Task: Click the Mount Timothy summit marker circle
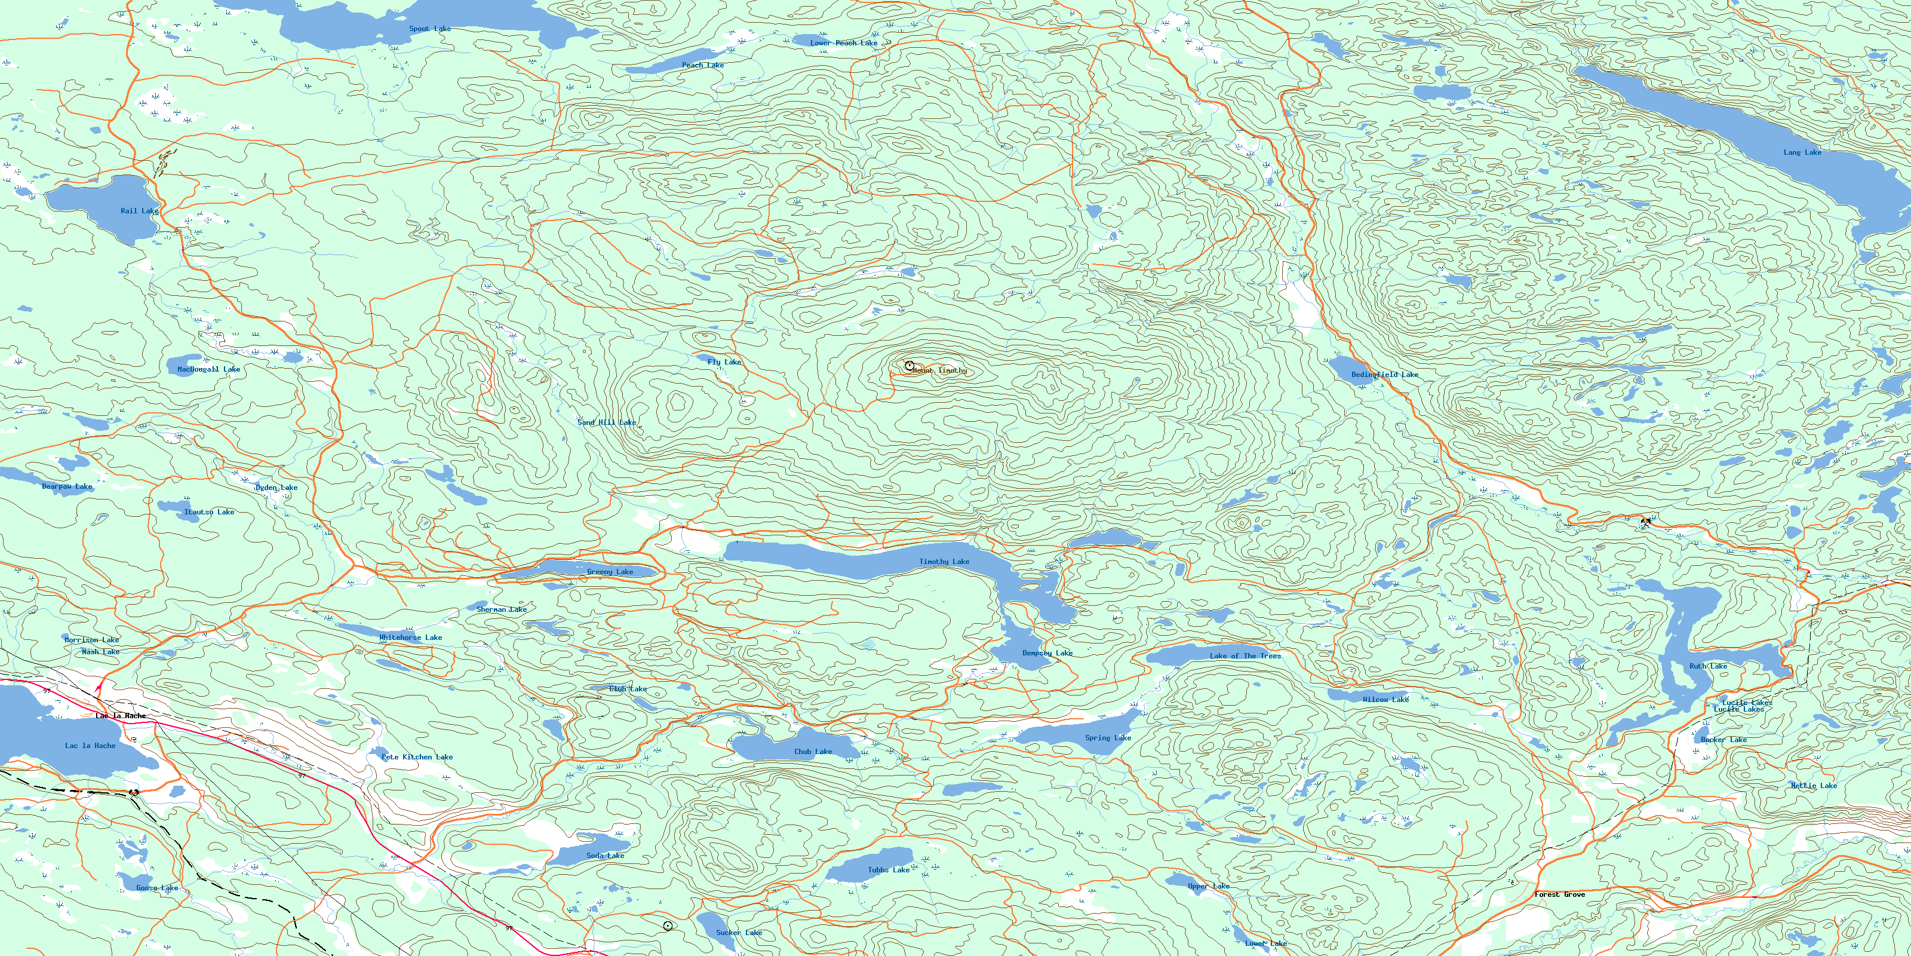pos(910,366)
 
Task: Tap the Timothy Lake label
pos(944,562)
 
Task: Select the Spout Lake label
pos(429,29)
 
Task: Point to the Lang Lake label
pos(1802,152)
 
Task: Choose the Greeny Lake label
pos(610,572)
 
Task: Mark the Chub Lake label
pos(813,752)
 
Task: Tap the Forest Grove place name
pos(1559,894)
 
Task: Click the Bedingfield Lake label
pos(1384,375)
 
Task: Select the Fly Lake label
pos(724,362)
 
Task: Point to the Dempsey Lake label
pos(1047,653)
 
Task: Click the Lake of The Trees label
pos(1245,656)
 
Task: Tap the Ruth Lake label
pos(1708,667)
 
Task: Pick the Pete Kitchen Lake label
pos(417,757)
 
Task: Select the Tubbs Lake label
pos(888,870)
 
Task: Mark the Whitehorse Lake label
pos(410,638)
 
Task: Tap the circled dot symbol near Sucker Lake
pos(668,926)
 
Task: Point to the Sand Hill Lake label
pos(607,422)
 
